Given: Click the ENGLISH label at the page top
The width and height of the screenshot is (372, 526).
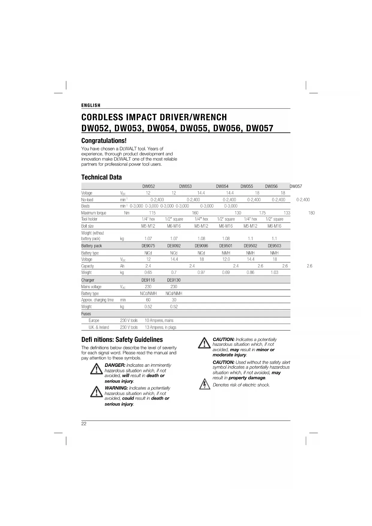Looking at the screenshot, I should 91,105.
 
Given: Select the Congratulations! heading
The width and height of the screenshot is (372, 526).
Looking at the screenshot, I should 104,141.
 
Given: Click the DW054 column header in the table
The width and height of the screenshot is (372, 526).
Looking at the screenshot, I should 222,186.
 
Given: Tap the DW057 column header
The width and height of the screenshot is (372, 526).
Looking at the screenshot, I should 296,186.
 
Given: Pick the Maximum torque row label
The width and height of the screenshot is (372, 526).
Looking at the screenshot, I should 94,213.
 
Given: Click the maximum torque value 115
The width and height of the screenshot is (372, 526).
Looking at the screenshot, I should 152,213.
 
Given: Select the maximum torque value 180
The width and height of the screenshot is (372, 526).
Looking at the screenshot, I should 311,213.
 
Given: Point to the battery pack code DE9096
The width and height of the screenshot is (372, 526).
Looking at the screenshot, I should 201,246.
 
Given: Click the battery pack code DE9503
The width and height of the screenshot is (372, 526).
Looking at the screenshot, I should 274,246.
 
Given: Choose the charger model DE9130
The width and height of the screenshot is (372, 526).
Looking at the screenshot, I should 174,280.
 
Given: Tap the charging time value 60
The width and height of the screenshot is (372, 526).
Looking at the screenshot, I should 148,300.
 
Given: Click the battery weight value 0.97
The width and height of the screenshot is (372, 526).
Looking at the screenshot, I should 201,273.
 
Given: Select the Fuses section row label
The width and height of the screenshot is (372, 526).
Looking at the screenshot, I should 86,314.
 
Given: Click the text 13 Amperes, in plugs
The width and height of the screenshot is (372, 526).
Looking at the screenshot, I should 160,327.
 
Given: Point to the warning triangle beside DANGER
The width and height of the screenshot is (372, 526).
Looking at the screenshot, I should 97,369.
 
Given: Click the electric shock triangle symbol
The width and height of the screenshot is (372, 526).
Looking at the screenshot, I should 204,384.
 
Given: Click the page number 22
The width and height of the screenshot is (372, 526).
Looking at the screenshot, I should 84,424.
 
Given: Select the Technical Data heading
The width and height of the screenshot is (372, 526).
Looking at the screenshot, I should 102,177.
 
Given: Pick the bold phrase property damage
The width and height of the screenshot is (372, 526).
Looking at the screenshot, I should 247,378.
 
